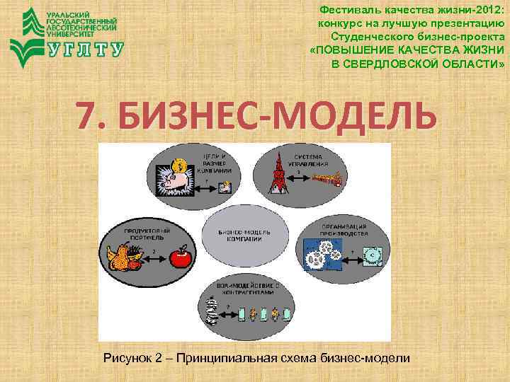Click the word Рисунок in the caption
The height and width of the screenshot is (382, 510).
coord(127,358)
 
